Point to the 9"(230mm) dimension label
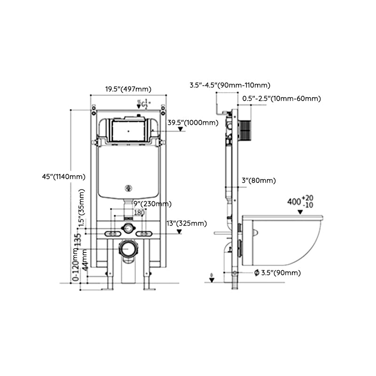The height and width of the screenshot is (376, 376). coord(152,204)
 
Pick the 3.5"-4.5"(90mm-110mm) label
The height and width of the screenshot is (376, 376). coord(230,85)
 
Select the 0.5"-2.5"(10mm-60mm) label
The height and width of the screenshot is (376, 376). coord(282,98)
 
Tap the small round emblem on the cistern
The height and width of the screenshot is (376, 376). coord(128,189)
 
